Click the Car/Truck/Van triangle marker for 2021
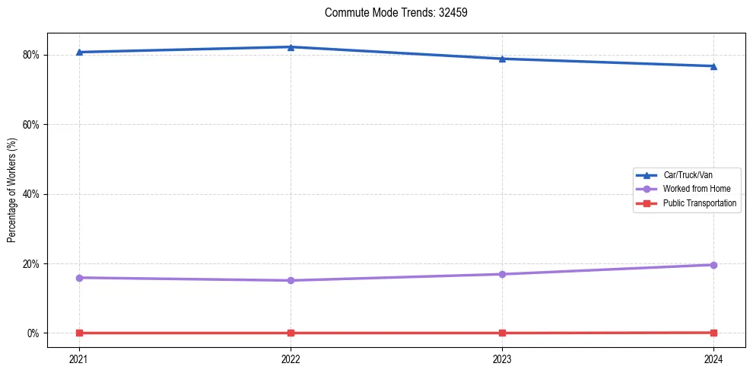(79, 52)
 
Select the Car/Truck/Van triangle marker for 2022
(291, 47)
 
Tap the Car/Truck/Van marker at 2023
(502, 59)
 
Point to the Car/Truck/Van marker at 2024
(713, 66)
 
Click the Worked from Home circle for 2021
(79, 278)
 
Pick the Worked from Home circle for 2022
(291, 280)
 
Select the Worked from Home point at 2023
(502, 274)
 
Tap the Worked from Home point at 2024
(713, 265)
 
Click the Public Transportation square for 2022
(291, 333)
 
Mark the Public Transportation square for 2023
(502, 333)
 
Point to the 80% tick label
(31, 55)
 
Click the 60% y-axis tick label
(31, 125)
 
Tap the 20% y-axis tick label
(31, 264)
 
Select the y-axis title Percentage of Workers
(12, 194)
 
